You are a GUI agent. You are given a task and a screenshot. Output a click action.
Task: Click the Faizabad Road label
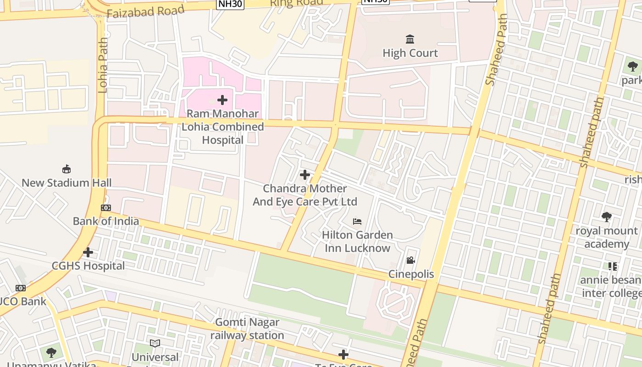146,11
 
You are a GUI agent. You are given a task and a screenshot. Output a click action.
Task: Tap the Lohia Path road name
103,65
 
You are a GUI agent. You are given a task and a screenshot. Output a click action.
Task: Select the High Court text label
410,53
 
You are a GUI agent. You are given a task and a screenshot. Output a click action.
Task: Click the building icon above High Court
410,39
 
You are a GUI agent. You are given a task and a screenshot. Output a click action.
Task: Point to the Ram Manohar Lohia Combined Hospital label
223,127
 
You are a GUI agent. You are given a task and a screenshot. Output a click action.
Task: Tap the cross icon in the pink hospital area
222,100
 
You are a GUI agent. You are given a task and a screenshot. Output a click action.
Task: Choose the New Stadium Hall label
66,183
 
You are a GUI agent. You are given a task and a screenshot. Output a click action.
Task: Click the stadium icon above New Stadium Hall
66,169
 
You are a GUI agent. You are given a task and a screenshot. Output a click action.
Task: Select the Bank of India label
106,221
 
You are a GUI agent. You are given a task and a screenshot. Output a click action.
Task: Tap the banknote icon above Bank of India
106,208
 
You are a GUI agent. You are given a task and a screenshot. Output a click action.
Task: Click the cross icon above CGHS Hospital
88,252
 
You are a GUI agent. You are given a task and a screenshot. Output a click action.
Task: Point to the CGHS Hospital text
88,266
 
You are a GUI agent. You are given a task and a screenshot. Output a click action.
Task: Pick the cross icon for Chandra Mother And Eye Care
304,175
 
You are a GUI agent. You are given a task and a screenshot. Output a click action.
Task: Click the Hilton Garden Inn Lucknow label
357,241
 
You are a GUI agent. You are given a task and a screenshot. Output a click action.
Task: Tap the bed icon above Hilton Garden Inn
357,222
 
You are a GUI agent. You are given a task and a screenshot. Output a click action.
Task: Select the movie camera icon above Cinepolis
410,261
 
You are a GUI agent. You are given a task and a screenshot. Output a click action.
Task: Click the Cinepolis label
411,274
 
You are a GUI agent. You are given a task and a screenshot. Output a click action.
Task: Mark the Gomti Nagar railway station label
247,329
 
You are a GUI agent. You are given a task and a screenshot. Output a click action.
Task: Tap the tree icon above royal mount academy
606,217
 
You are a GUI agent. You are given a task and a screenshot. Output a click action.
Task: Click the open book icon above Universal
155,343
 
